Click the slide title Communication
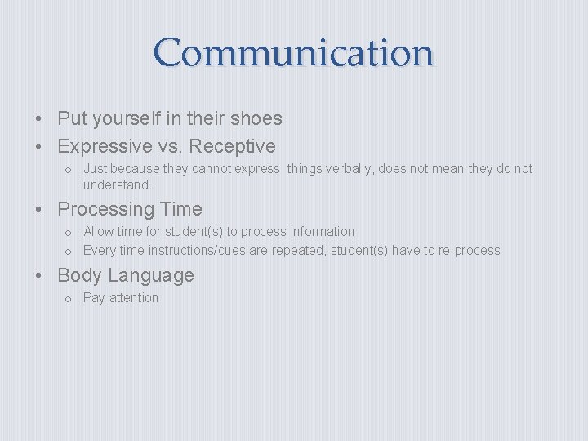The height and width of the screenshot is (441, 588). pos(294,52)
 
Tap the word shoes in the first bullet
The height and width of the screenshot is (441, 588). pos(256,118)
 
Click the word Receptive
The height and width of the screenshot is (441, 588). pos(236,147)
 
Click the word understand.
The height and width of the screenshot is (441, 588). pos(117,185)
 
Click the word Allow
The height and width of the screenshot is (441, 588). pos(99,232)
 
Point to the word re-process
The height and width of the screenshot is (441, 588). pos(465,251)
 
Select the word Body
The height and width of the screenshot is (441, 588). pos(79,276)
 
